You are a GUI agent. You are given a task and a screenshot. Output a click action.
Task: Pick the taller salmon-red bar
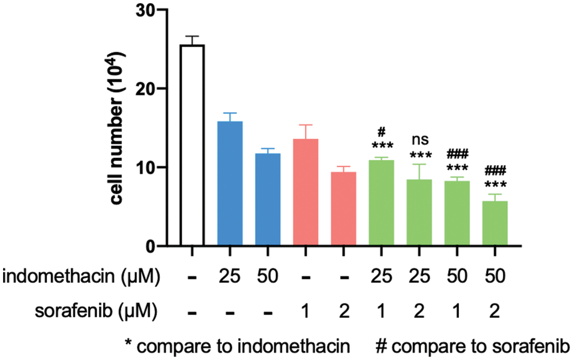point(306,192)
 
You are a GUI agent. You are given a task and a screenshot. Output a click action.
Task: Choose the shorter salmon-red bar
point(344,208)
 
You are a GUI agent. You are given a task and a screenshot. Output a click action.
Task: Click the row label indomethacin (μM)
point(82,277)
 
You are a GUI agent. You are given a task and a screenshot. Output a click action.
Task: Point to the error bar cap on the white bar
point(192,36)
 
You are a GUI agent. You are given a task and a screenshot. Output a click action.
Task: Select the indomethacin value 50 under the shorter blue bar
point(268,277)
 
